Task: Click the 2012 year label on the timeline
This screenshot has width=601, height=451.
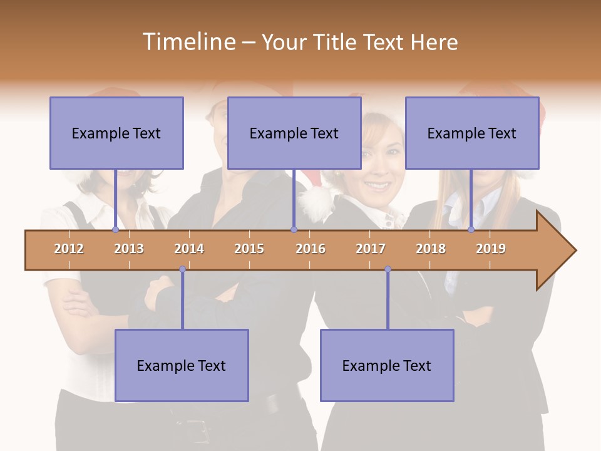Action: [x=69, y=249]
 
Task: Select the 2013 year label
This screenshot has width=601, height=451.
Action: [x=129, y=249]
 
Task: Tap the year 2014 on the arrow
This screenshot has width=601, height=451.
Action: [x=189, y=249]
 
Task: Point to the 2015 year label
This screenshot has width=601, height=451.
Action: [x=249, y=249]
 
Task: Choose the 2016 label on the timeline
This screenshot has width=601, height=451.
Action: [x=311, y=249]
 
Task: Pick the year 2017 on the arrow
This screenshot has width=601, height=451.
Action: [x=371, y=249]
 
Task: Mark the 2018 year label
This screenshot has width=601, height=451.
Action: [x=431, y=249]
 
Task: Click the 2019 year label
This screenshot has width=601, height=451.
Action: [x=491, y=249]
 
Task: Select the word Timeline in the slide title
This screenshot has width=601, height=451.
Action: [x=188, y=42]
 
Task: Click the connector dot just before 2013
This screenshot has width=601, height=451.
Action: [x=115, y=230]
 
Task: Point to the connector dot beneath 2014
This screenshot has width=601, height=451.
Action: [x=182, y=269]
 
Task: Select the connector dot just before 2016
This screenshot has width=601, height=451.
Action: [x=294, y=230]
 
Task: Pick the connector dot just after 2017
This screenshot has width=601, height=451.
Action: [x=388, y=269]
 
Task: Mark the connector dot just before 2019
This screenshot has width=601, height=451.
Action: [x=471, y=230]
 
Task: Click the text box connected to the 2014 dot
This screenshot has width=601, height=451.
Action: [x=182, y=365]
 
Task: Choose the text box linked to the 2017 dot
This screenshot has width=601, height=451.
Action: [x=387, y=365]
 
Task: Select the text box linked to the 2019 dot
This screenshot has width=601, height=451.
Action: [x=472, y=133]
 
